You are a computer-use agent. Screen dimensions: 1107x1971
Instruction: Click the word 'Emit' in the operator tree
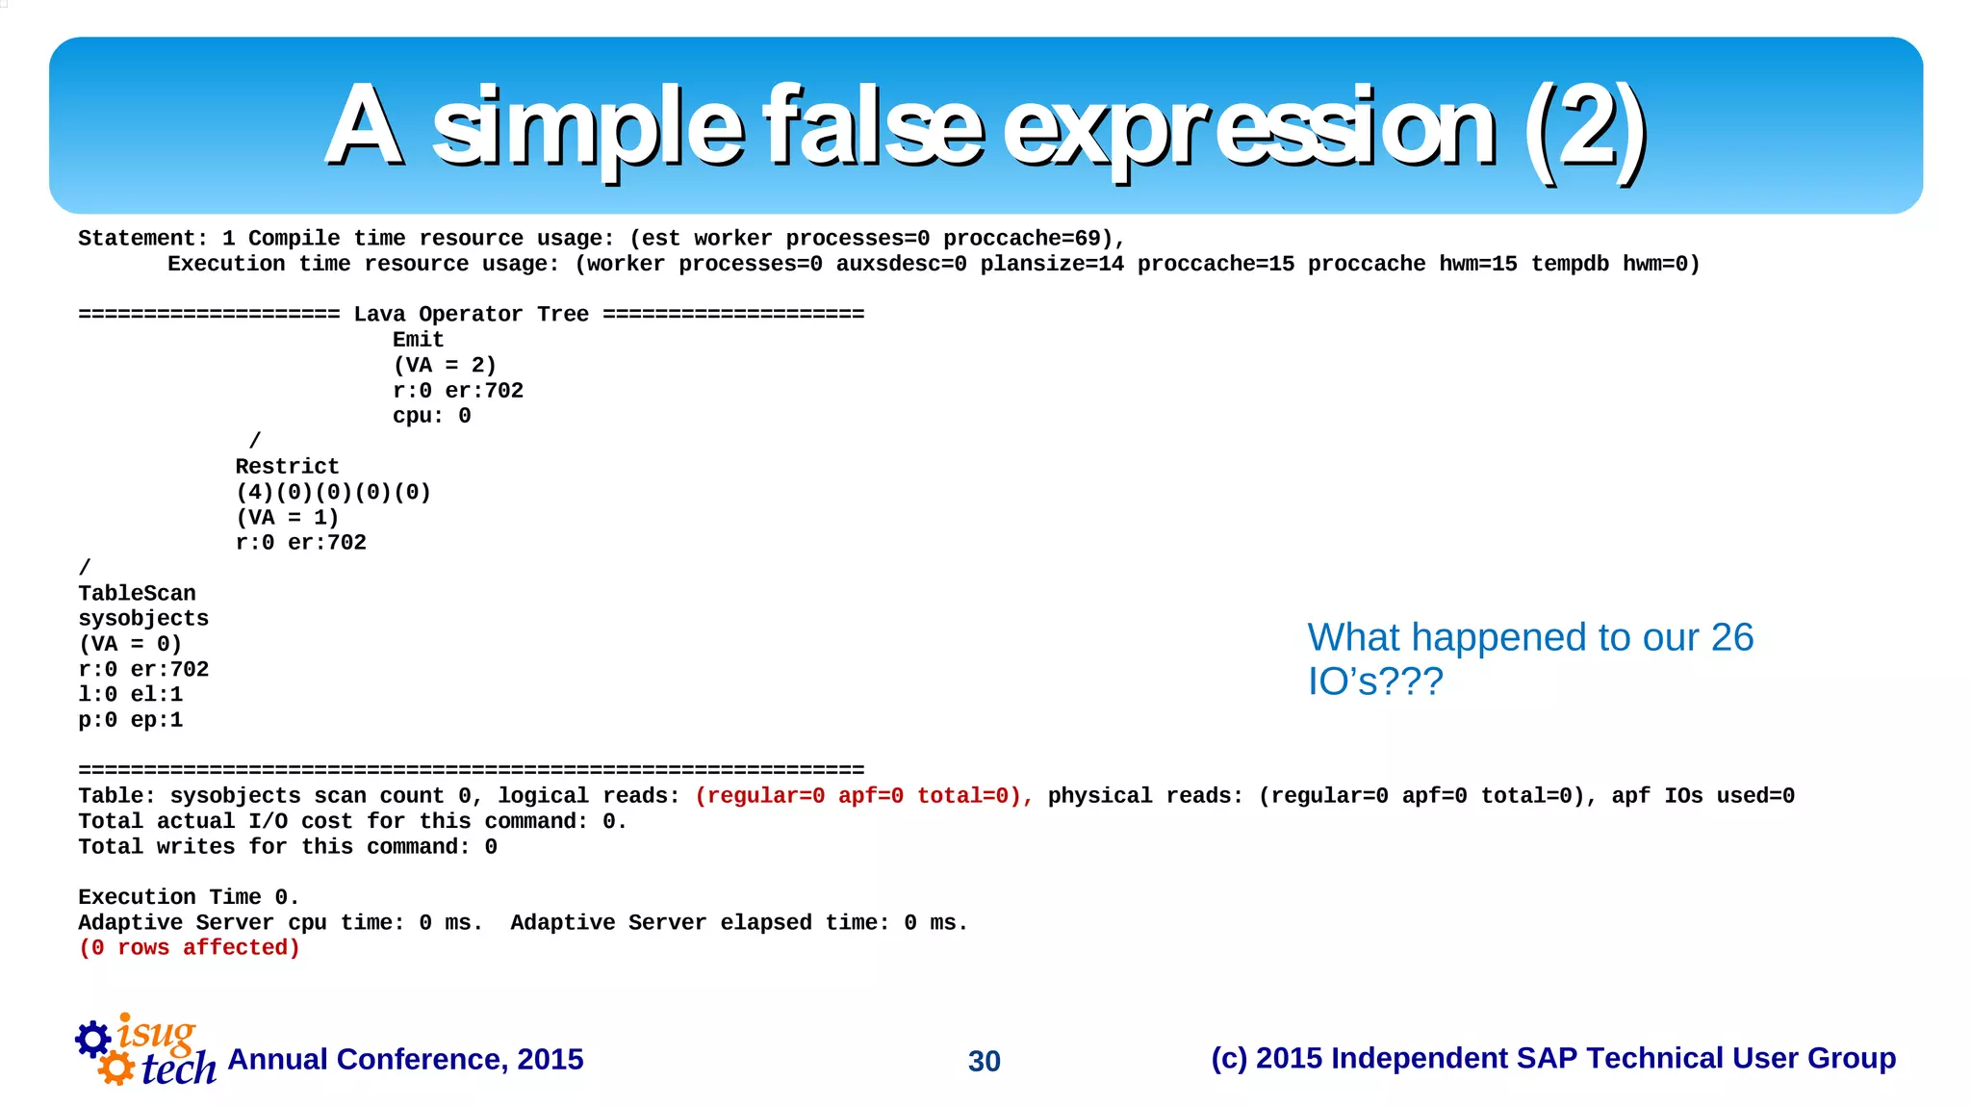coord(418,340)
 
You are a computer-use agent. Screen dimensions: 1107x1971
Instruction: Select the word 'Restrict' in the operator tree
coord(287,467)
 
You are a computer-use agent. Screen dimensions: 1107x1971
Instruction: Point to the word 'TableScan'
coord(137,594)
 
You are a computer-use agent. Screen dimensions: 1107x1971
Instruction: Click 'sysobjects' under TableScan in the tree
coord(143,619)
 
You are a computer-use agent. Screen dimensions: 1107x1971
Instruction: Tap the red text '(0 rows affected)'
coord(189,948)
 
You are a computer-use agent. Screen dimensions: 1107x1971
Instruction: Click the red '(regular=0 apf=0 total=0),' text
coord(863,796)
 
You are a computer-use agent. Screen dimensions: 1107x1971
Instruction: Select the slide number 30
coord(984,1061)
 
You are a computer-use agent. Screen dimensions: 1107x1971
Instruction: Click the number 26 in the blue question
coord(1731,637)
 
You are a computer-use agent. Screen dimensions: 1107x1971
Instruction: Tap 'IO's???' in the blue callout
coord(1374,682)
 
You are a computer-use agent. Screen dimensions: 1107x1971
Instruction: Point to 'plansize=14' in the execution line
coord(1052,264)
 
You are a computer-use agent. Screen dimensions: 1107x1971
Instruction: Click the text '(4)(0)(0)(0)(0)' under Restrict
coord(333,492)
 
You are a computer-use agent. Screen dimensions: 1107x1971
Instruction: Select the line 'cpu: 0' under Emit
coord(431,416)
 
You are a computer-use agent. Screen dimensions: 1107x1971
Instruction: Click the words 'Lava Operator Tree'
coord(471,315)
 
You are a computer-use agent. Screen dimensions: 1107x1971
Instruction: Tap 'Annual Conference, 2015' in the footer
coord(405,1059)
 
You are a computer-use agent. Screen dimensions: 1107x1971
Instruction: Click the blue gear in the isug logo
coord(93,1039)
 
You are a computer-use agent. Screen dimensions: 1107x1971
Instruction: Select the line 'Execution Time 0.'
coord(189,897)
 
